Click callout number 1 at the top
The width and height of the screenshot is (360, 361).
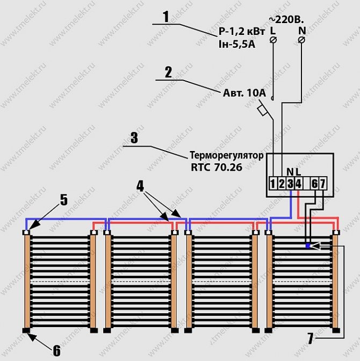[x=166, y=17]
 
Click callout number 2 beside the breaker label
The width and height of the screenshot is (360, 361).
[x=169, y=73]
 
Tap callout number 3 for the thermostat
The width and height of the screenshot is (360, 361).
[x=134, y=138]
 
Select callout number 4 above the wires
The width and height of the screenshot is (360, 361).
[x=140, y=186]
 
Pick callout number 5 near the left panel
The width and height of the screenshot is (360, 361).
[x=64, y=199]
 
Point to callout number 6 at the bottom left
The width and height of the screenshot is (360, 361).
[x=56, y=350]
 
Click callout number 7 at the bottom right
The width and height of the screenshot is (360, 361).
[x=310, y=338]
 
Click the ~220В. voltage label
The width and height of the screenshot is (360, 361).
[x=286, y=20]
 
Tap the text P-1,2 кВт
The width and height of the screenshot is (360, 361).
[x=242, y=32]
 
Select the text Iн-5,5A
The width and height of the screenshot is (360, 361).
[x=237, y=44]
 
